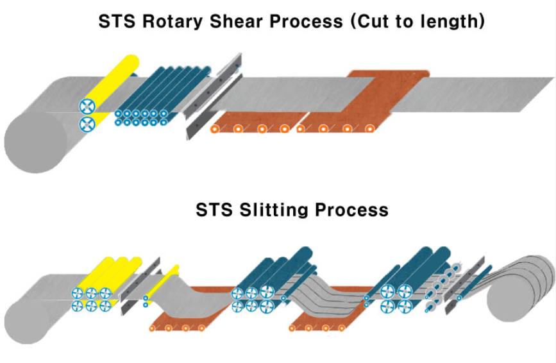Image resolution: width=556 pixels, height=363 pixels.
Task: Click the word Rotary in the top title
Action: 173,22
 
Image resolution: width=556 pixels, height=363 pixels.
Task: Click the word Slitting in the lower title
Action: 274,210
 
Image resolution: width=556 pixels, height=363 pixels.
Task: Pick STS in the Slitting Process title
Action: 214,210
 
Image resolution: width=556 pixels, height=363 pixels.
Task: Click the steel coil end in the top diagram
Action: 35,142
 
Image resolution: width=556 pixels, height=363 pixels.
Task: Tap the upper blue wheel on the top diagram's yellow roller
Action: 87,106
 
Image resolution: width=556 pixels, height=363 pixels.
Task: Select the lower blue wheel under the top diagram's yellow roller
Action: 87,124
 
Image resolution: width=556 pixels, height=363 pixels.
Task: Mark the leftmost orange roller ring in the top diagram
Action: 214,129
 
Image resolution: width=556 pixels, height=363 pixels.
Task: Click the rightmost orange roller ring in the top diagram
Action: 369,129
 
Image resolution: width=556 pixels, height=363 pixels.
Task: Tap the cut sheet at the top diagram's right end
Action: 471,94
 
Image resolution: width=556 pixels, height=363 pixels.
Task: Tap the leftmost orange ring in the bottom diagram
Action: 152,328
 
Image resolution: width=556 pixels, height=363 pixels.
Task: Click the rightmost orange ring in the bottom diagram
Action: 341,328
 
